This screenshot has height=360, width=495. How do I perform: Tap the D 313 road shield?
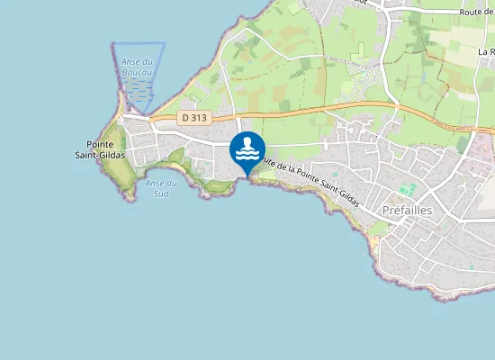click(193, 117)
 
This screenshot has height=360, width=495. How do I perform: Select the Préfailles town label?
click(407, 210)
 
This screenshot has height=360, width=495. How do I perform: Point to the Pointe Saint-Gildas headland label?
click(105, 149)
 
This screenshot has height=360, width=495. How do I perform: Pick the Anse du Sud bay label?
click(159, 188)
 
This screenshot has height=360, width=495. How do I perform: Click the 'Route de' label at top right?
click(475, 11)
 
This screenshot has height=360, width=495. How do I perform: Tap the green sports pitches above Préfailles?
click(407, 191)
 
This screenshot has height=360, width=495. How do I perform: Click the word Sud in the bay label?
click(161, 193)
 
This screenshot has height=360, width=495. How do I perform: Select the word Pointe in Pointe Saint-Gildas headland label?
click(105, 144)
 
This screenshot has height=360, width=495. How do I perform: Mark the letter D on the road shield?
click(184, 117)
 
